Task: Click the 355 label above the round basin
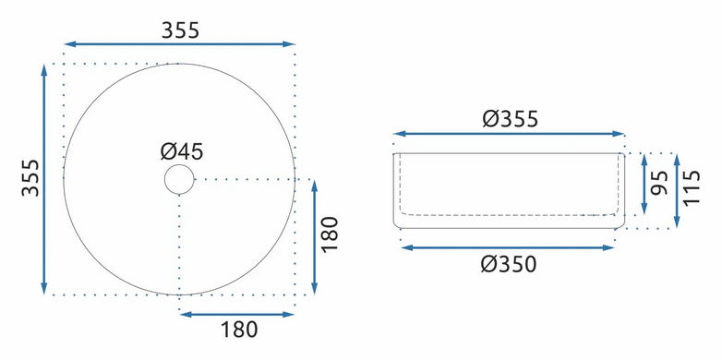tap(180, 30)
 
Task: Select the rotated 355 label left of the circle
tap(30, 178)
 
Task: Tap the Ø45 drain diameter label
tap(182, 151)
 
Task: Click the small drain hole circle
tap(179, 179)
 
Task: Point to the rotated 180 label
tap(331, 234)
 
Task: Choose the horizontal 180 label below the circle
tap(239, 330)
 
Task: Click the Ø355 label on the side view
tap(511, 119)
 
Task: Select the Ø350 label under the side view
tap(509, 265)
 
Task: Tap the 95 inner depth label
tap(661, 183)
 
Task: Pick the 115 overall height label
tap(692, 187)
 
